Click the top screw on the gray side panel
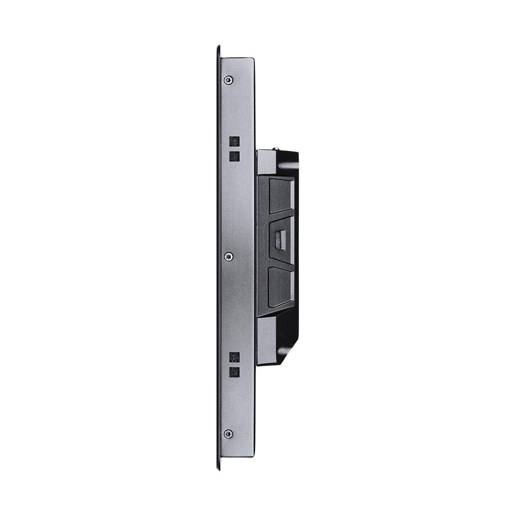click(228, 80)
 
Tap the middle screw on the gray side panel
click(229, 256)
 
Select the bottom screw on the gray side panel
click(228, 434)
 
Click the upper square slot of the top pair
click(234, 141)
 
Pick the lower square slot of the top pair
click(234, 156)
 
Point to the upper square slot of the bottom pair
click(234, 357)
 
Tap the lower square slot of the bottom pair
click(234, 372)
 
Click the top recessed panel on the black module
click(281, 195)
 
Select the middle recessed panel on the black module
click(281, 240)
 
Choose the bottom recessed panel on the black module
click(281, 286)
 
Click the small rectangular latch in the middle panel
click(281, 240)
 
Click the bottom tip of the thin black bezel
click(218, 468)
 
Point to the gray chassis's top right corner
click(253, 58)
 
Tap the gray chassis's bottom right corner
click(253, 456)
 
